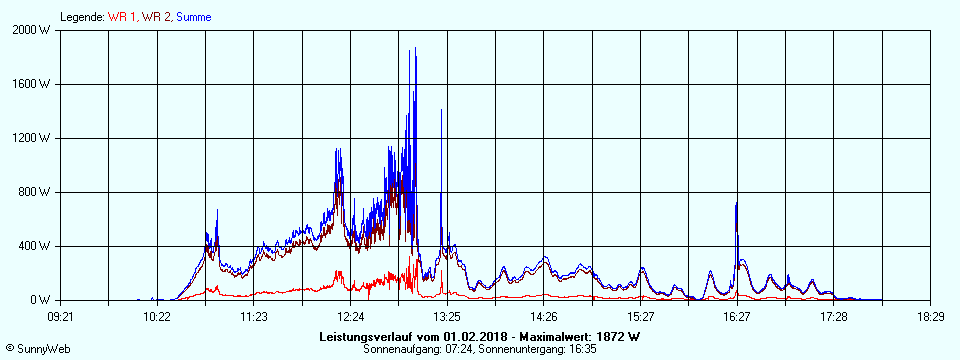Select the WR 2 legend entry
pos(157,17)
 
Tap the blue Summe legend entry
pos(193,17)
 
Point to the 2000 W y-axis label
pos(33,30)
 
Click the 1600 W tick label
pos(33,84)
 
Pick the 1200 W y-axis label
pos(33,138)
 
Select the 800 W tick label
pos(35,192)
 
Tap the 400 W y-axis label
pos(35,246)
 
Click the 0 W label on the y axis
pos(41,300)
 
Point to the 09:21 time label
pos(60,317)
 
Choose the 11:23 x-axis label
pos(253,317)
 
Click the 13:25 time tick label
pos(447,317)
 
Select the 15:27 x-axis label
pos(640,317)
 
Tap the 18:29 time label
pos(930,317)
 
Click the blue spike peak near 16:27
pos(737,204)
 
